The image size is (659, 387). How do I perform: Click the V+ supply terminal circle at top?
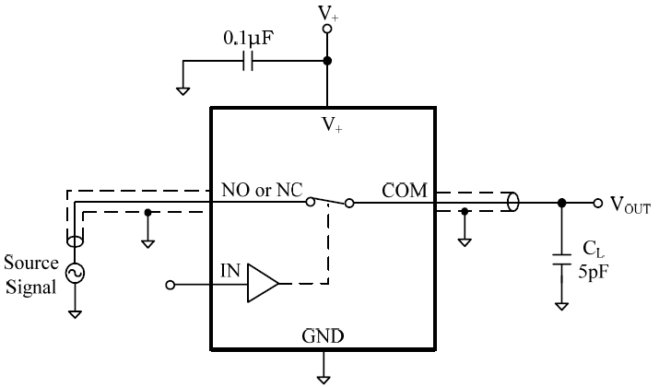pos(325,29)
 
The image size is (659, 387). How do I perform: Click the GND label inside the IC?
pos(324,336)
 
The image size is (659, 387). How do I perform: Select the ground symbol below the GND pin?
pos(324,376)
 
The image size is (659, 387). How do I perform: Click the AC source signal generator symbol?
pos(73,273)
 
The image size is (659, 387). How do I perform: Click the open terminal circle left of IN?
pos(170,285)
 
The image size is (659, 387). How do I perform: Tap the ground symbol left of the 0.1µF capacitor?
pos(182,90)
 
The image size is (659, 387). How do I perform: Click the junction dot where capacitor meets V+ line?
pos(325,62)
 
